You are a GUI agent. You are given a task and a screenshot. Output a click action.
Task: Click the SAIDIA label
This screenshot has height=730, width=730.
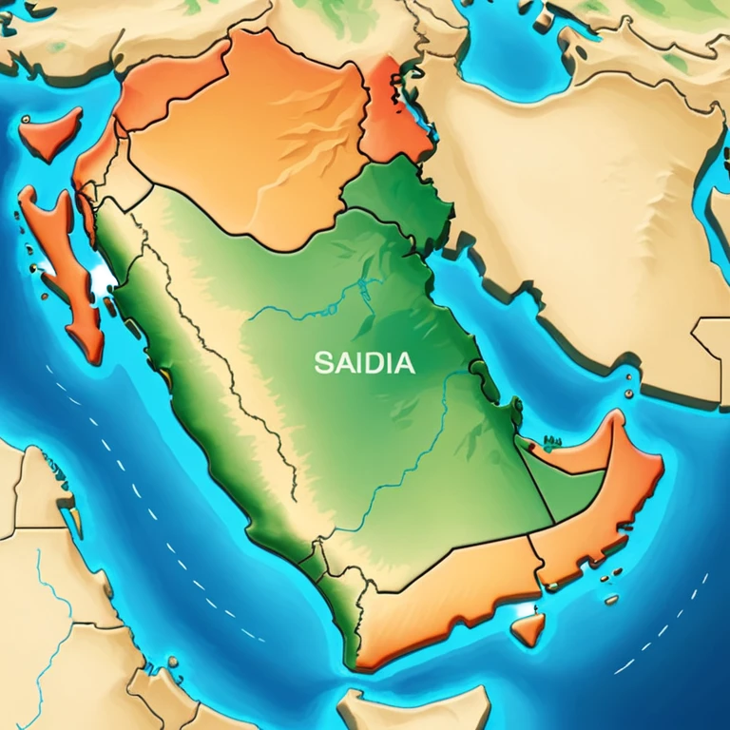[364, 362]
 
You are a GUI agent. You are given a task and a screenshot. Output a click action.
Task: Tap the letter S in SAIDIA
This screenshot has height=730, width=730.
[320, 362]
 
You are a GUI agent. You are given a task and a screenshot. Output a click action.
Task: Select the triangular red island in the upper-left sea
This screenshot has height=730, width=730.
[54, 132]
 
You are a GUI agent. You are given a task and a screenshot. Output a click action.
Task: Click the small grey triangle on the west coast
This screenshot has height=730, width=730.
[104, 278]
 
